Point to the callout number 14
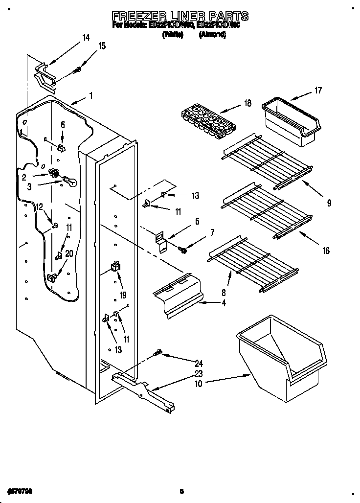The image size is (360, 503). (x=86, y=38)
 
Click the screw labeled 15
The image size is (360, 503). (x=77, y=70)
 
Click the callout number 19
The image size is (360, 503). (x=123, y=295)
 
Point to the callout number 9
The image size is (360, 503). (x=329, y=203)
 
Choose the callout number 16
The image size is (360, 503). (x=326, y=251)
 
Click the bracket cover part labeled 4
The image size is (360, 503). (x=178, y=299)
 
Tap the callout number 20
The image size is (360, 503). (x=69, y=253)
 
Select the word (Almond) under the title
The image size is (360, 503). (x=212, y=35)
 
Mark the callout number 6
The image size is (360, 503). (x=62, y=125)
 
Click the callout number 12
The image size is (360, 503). (x=40, y=206)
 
